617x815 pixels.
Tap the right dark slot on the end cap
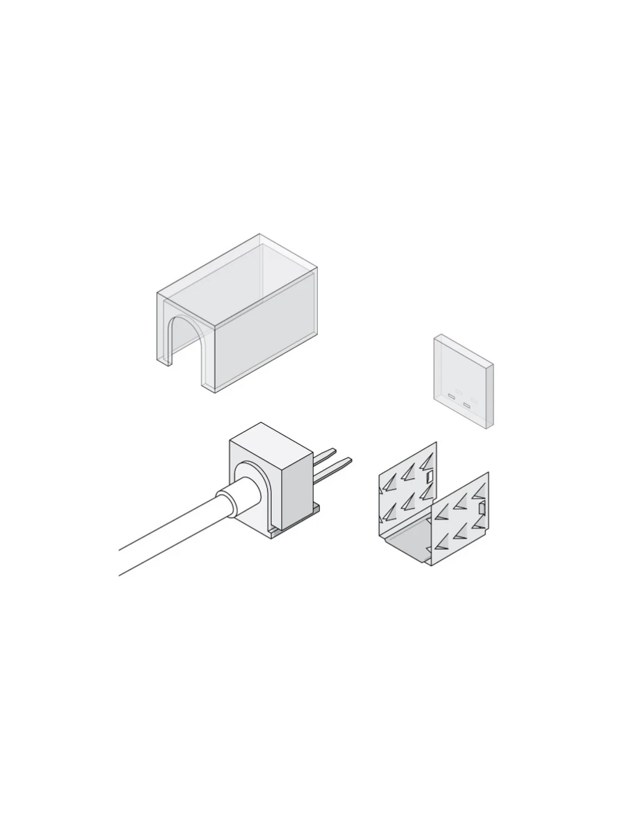point(467,406)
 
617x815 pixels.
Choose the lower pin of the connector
point(339,462)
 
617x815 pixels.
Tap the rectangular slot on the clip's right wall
point(482,509)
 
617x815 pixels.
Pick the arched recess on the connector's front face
point(253,488)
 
